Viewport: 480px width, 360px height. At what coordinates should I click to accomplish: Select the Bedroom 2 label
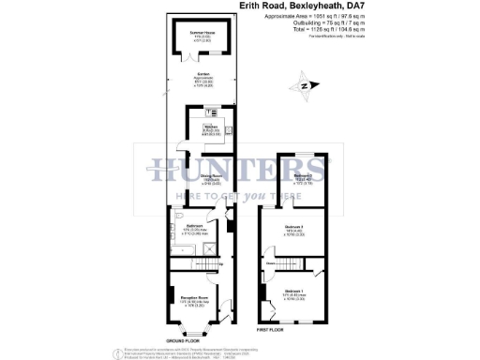301,176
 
